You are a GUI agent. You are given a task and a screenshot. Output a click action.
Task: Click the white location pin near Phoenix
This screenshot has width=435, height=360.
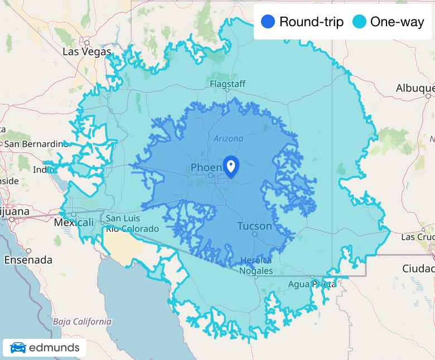tap(231, 166)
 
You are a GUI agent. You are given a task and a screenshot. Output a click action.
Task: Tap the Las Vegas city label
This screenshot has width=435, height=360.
tap(87, 52)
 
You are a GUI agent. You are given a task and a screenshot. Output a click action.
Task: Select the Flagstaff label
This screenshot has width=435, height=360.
tap(228, 84)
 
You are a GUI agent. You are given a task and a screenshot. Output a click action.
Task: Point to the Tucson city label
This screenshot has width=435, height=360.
tap(254, 226)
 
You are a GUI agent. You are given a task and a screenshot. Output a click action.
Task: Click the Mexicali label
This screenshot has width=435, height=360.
tap(74, 222)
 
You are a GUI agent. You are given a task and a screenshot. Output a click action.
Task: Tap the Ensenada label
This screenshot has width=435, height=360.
tap(28, 260)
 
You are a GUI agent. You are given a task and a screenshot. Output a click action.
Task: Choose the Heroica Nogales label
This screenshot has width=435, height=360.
tap(257, 266)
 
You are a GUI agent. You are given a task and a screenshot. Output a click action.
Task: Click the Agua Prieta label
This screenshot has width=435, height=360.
tap(312, 284)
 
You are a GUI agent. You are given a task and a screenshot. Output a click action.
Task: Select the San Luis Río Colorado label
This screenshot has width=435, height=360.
tap(132, 223)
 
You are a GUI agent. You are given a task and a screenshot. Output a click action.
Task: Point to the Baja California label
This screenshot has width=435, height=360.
tap(82, 322)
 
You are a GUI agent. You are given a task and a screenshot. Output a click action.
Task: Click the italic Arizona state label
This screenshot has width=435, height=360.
tap(228, 139)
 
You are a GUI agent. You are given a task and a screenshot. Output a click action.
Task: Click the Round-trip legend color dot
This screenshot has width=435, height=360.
tap(268, 22)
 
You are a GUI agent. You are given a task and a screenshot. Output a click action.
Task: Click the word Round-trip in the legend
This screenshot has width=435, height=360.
tap(311, 22)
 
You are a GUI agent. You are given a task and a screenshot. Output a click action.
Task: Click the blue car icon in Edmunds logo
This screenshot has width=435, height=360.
tap(18, 348)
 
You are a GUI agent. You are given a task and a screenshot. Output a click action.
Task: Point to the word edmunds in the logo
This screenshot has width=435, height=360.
tap(54, 348)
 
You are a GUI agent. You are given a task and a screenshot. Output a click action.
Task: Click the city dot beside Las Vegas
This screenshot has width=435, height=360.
tap(87, 42)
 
